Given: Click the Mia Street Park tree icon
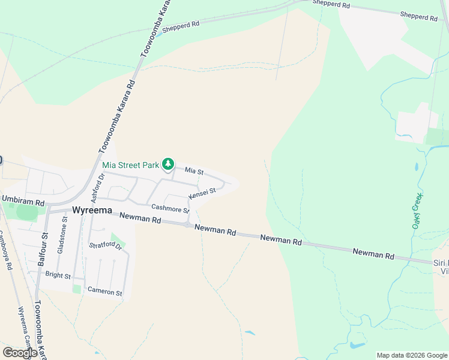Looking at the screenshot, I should coord(169,164).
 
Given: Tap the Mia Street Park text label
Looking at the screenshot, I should coord(130,165).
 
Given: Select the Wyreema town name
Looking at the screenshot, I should coord(92,211).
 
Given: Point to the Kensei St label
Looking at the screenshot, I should coord(202,194).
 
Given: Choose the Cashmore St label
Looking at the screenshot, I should coord(170,208).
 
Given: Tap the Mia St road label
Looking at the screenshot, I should coord(194,172).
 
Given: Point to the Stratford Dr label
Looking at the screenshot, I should coord(106,246).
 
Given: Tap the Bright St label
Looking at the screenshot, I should coord(58,275).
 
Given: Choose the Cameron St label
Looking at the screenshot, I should coord(105,293).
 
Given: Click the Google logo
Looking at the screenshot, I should coord(20,352).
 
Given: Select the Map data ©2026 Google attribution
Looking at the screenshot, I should coord(412,355).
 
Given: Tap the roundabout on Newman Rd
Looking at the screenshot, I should coord(188,224).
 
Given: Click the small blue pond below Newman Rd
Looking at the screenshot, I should coord(250,333).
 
